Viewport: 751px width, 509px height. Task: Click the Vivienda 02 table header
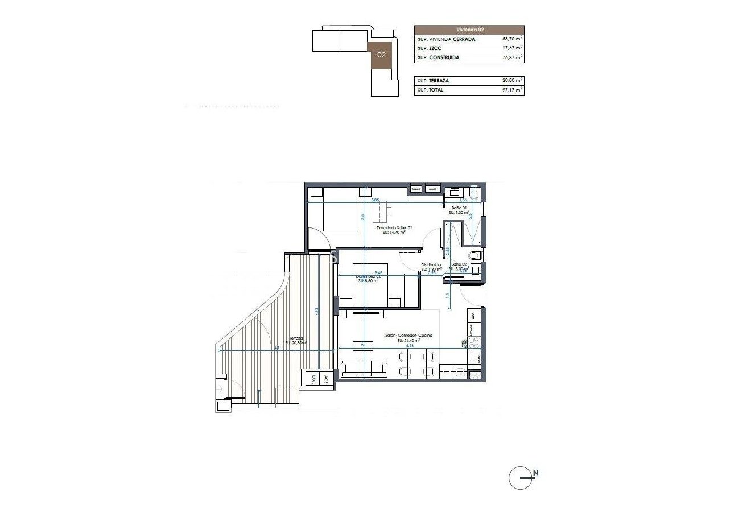(x=469, y=30)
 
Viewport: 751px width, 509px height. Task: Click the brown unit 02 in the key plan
(x=381, y=56)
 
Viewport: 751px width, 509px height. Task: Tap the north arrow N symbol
(x=535, y=473)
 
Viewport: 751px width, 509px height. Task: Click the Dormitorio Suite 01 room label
(x=394, y=227)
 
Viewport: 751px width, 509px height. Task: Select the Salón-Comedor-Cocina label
(x=408, y=336)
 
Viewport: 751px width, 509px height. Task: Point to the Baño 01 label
(x=459, y=209)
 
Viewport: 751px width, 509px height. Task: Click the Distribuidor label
(x=431, y=264)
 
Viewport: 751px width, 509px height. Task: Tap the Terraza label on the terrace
(x=296, y=338)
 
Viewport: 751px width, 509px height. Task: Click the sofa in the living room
(x=364, y=369)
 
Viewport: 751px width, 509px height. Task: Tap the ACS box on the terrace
(x=326, y=379)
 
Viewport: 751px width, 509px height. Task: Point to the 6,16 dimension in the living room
(x=410, y=345)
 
